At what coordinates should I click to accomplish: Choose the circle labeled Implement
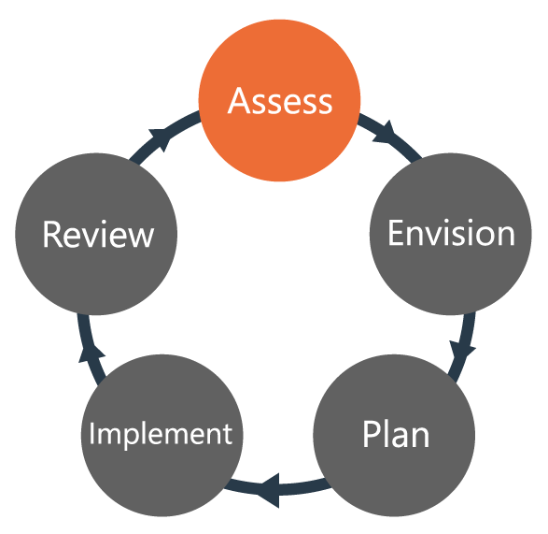point(160,435)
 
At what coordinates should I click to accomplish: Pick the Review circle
point(97,234)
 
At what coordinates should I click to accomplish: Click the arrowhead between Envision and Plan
point(462,354)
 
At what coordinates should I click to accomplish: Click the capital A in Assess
point(240,100)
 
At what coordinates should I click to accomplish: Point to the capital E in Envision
point(396,233)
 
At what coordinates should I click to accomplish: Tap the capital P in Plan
point(371,435)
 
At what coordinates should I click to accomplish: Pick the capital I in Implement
point(92,434)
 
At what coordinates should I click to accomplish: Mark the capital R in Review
point(53,234)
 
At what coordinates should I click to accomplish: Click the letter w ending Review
point(140,236)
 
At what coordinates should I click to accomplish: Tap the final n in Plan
point(419,438)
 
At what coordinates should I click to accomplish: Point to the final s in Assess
point(323,102)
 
